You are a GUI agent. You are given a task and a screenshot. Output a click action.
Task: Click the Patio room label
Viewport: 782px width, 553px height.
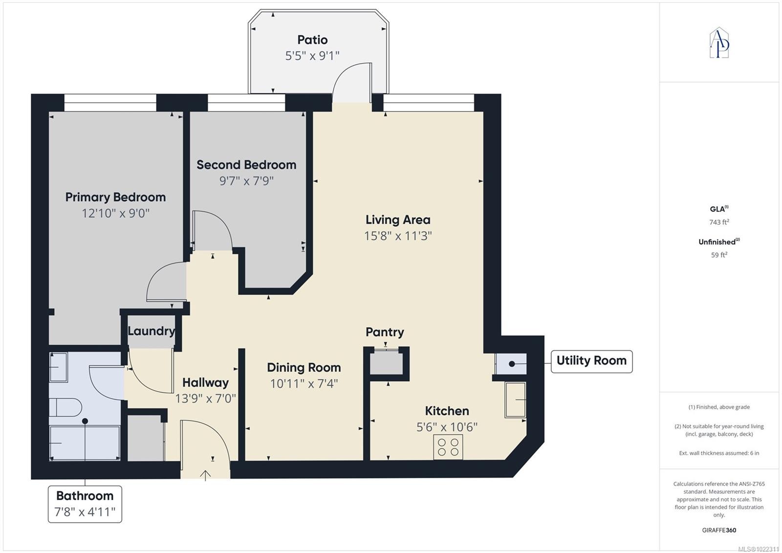pos(312,40)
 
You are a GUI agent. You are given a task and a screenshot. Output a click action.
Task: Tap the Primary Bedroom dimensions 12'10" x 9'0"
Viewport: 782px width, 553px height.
pos(115,213)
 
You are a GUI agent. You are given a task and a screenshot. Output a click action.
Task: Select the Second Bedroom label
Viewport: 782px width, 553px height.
pos(246,165)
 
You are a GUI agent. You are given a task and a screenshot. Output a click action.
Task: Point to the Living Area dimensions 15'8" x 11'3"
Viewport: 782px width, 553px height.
pos(398,236)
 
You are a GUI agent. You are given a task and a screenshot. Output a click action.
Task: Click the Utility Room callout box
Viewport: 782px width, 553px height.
pos(592,361)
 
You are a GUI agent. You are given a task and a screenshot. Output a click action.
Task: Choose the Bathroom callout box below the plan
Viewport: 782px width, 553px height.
pos(85,504)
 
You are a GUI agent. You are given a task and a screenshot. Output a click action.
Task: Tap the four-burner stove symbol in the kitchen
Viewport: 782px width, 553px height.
pos(448,447)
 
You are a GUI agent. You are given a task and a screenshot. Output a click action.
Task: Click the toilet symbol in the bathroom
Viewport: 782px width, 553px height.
pos(65,407)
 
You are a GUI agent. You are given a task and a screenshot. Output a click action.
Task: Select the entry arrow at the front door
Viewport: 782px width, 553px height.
pos(205,475)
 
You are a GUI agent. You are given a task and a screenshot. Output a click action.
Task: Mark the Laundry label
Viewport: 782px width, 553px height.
pos(151,331)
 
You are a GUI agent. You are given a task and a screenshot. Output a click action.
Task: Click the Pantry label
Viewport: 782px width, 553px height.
pos(385,332)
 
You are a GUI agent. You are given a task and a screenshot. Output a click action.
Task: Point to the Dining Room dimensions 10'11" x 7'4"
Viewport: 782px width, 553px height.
pos(304,383)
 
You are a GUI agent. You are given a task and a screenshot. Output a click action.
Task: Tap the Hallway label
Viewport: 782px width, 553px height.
pos(206,382)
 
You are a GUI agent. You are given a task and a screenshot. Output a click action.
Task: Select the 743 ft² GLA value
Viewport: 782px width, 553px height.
pos(719,222)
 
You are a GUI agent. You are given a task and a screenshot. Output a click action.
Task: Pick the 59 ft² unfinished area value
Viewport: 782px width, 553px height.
pos(719,255)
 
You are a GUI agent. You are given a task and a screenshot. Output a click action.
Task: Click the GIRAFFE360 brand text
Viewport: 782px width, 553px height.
pos(719,530)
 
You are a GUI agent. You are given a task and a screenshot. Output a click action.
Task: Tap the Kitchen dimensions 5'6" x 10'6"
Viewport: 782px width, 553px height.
pos(447,427)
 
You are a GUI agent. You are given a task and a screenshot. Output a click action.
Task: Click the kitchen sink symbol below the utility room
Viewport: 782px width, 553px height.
pos(515,399)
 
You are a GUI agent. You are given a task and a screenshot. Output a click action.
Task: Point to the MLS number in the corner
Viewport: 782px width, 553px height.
pos(758,549)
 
